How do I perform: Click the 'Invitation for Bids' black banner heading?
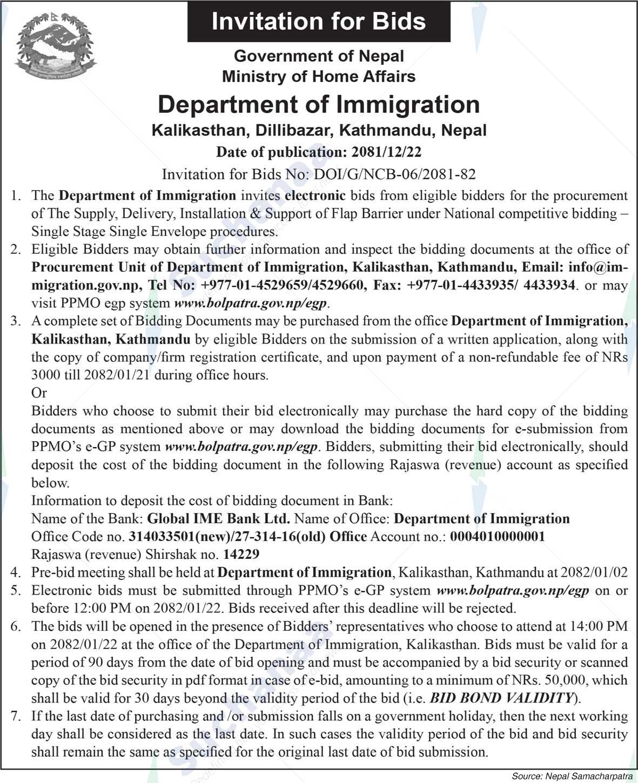(319, 21)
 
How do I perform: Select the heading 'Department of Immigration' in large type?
(319, 104)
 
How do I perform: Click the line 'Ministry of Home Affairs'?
(319, 76)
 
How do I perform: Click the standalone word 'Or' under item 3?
(39, 393)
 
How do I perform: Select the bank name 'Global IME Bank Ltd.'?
(219, 519)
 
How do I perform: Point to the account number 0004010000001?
(497, 537)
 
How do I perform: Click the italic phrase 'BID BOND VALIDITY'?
(501, 698)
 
